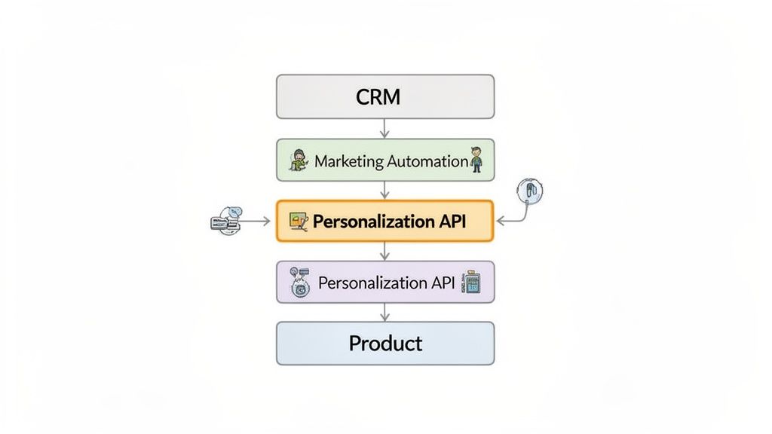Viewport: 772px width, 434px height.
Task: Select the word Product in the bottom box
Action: click(x=385, y=344)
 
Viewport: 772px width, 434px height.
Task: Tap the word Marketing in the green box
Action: click(x=349, y=160)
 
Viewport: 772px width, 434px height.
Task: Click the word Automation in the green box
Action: click(x=427, y=160)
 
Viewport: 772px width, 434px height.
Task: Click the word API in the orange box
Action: click(x=452, y=222)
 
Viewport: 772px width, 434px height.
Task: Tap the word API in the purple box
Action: click(x=444, y=283)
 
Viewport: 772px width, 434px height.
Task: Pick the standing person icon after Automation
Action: click(x=476, y=160)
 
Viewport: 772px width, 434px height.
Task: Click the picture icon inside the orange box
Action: click(x=299, y=221)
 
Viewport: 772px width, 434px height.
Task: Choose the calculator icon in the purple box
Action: click(x=473, y=283)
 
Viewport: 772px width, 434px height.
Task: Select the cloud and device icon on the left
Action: click(x=227, y=221)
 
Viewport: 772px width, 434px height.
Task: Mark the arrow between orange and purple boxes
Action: click(x=385, y=251)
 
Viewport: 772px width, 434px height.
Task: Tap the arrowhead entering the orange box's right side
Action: click(x=500, y=222)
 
